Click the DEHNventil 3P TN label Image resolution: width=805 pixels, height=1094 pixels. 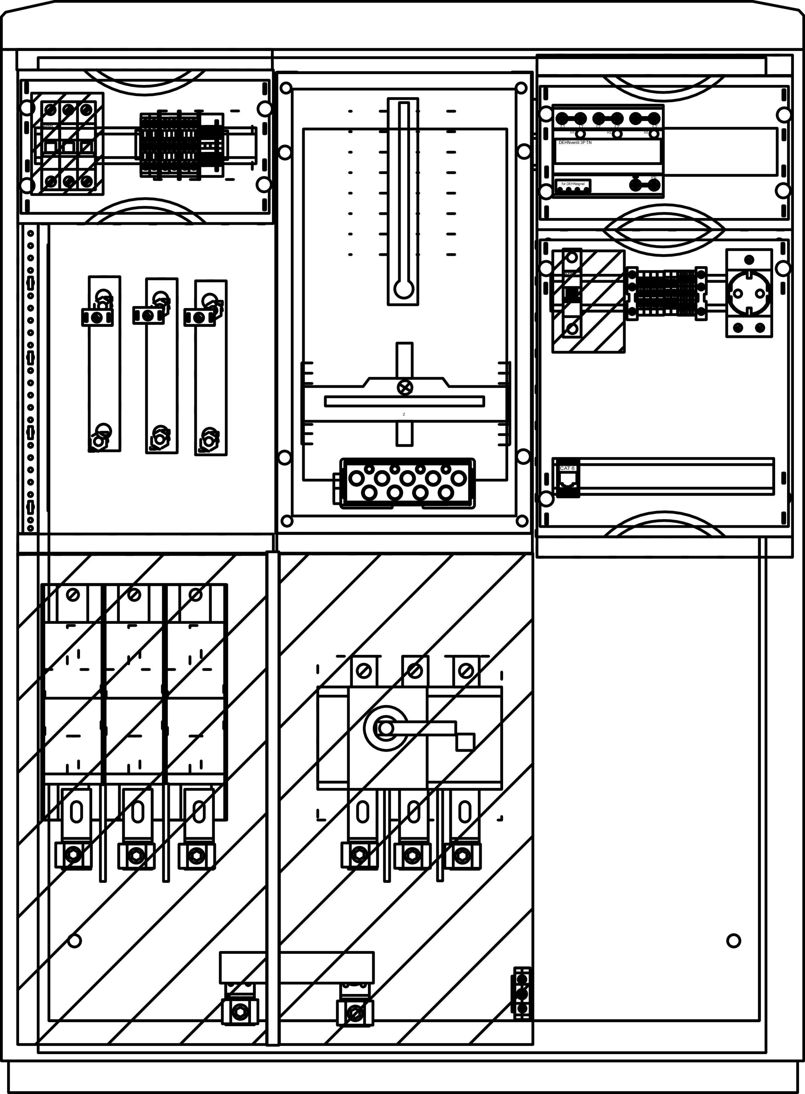click(x=575, y=142)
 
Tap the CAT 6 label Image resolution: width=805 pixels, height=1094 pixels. click(x=567, y=468)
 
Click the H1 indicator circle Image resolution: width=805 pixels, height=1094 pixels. click(x=580, y=134)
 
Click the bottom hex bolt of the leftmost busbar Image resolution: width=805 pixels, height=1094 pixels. click(x=97, y=441)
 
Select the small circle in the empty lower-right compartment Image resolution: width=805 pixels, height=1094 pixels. click(x=734, y=940)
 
